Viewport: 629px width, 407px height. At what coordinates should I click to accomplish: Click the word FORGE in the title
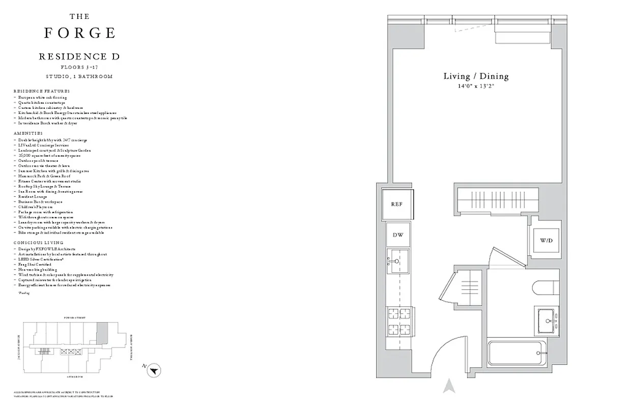(79, 33)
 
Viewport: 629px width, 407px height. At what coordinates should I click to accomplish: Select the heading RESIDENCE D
(79, 56)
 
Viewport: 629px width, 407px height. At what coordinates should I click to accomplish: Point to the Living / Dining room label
(476, 76)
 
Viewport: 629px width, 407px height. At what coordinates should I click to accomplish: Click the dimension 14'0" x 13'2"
(476, 86)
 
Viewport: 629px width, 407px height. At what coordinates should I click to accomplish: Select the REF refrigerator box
(397, 204)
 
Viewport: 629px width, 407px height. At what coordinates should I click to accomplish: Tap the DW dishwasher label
(397, 235)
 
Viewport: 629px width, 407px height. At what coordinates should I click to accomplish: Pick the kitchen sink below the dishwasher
(397, 261)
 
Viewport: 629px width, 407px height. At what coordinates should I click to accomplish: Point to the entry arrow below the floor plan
(448, 387)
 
